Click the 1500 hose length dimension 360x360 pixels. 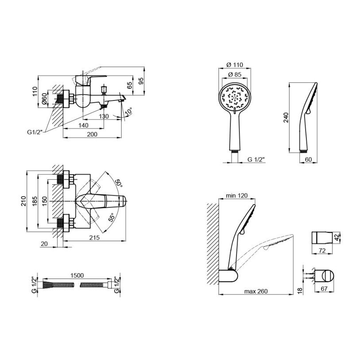tap(77, 275)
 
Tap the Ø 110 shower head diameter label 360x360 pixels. tap(235, 65)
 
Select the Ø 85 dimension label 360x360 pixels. tap(235, 75)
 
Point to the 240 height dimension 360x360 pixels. tap(286, 117)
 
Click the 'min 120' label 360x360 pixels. tap(237, 195)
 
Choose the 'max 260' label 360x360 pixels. tap(256, 291)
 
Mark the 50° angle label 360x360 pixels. tap(119, 183)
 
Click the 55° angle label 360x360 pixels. tap(111, 217)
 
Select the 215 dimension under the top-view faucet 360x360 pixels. tap(94, 237)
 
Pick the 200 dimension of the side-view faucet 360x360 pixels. tap(92, 134)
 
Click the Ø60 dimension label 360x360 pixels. tap(44, 100)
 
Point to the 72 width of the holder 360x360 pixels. tap(322, 251)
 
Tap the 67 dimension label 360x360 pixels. tap(324, 289)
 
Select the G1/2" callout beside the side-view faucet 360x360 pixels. tap(35, 132)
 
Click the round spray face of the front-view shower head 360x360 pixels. tap(235, 98)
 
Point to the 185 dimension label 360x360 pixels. tap(35, 201)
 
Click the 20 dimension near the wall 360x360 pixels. tap(44, 244)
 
